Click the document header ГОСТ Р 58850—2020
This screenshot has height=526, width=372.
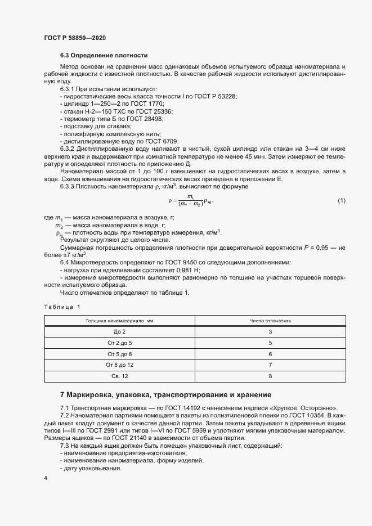click(x=74, y=38)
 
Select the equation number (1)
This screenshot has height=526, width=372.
click(x=342, y=201)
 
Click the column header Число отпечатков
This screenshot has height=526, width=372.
click(x=270, y=320)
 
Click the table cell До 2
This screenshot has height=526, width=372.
click(x=119, y=332)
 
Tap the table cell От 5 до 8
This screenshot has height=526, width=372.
click(x=119, y=354)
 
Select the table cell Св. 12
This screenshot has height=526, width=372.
click(x=119, y=376)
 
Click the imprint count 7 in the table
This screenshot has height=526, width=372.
click(x=270, y=365)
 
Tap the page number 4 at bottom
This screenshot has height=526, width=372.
click(x=45, y=478)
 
